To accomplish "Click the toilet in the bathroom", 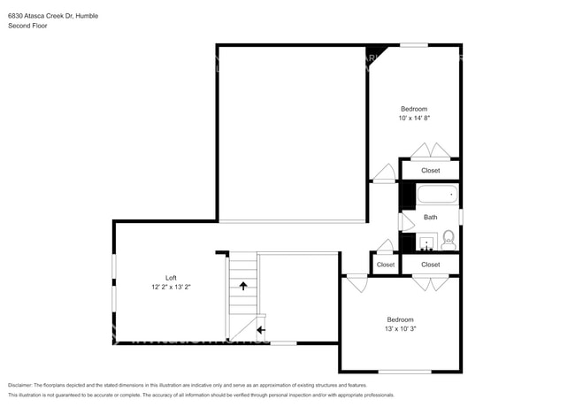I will click(448, 238).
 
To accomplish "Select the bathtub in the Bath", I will click(437, 195).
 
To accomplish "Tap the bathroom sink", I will click(427, 241).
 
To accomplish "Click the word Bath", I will click(430, 217).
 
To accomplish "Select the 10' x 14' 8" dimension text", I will click(415, 118).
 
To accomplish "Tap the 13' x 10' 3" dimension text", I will click(400, 329).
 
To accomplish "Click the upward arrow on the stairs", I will click(242, 286).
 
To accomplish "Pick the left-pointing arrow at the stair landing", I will click(260, 331).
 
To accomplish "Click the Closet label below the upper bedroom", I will click(430, 170).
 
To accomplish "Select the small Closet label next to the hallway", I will click(386, 265).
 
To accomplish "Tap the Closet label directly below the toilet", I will click(430, 265).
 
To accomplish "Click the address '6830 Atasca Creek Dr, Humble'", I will click(52, 14).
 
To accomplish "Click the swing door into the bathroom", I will click(406, 220).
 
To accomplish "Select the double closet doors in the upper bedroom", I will click(431, 150).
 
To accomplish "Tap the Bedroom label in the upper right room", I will click(415, 109).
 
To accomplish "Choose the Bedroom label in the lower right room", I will click(400, 319).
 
